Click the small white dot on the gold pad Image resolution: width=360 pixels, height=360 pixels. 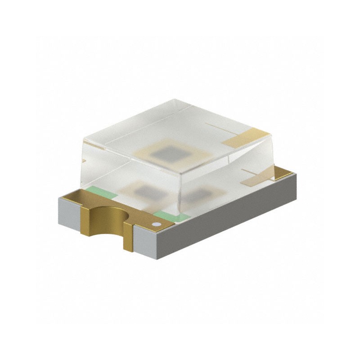[x=157, y=224]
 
